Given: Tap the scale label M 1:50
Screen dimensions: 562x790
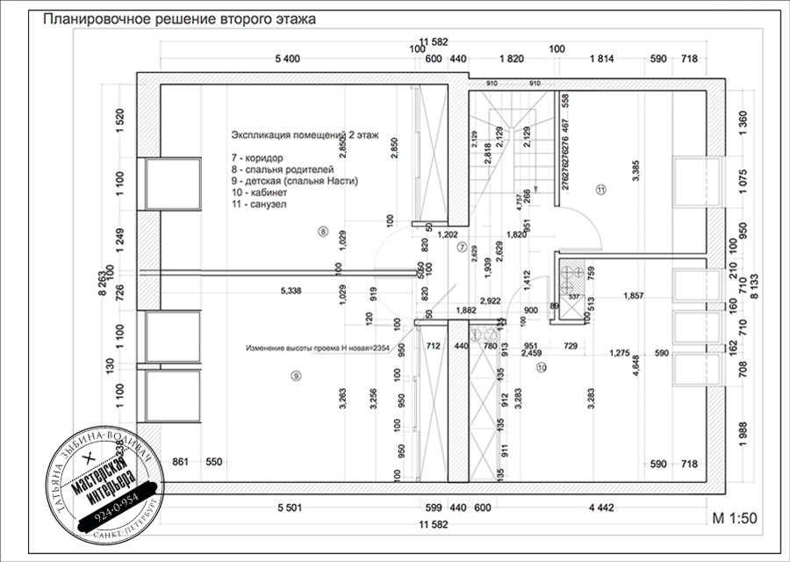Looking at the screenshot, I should pos(734,518).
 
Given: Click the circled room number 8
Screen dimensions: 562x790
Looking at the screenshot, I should pos(323,232).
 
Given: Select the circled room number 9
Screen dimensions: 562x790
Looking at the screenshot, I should pos(296,375).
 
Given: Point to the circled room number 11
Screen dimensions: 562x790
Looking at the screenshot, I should pos(600,189).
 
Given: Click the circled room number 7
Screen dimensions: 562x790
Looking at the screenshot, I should pos(463,247).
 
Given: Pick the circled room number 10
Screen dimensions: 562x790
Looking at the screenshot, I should pos(541,368).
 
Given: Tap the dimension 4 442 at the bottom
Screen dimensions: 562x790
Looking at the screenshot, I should pos(601,508).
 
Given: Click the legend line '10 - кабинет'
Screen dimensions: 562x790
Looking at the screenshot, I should pos(260,192).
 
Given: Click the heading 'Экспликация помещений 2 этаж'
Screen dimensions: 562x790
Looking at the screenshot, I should pos(305,136).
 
